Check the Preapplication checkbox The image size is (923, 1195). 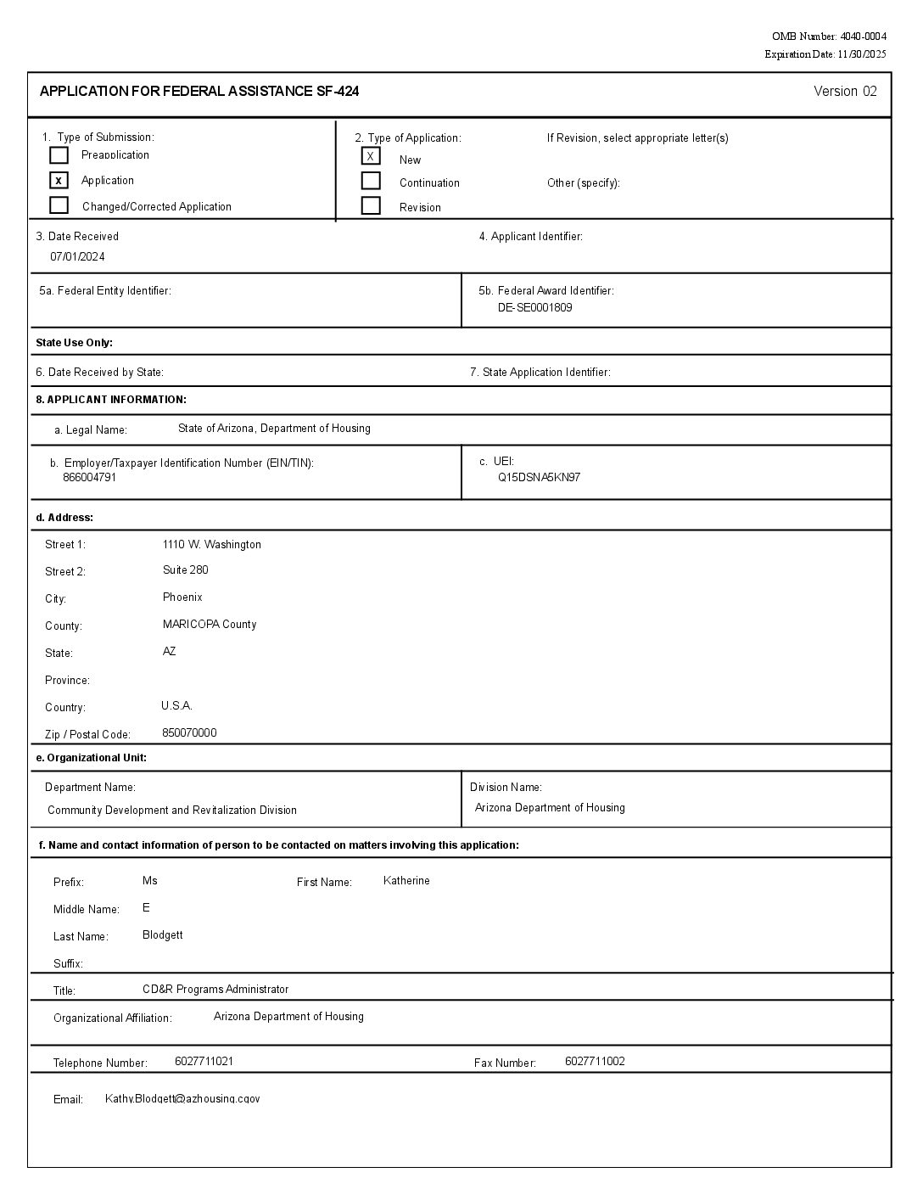coord(59,155)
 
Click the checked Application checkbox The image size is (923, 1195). coord(59,181)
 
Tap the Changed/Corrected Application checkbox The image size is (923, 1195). coord(59,205)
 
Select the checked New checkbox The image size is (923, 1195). coord(371,156)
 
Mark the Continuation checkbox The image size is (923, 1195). coord(371,181)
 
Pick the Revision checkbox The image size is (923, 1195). coord(371,205)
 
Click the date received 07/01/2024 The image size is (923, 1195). coord(77,257)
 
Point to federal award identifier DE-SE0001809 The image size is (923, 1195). coord(534,308)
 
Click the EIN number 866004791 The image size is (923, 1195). coord(89,478)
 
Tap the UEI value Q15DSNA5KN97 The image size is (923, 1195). coord(539,478)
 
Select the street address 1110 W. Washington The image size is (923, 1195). coord(211,545)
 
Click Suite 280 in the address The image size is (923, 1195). coord(185,570)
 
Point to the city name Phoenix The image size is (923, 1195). coord(182,597)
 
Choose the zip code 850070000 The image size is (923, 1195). coord(189,733)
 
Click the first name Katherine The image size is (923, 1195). coord(406,881)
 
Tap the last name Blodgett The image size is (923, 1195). coord(162,935)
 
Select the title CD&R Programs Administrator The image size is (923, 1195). coord(215,990)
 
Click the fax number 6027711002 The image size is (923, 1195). coord(595,1062)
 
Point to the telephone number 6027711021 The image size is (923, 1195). coord(204,1062)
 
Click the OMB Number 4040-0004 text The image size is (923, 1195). coord(829,36)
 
